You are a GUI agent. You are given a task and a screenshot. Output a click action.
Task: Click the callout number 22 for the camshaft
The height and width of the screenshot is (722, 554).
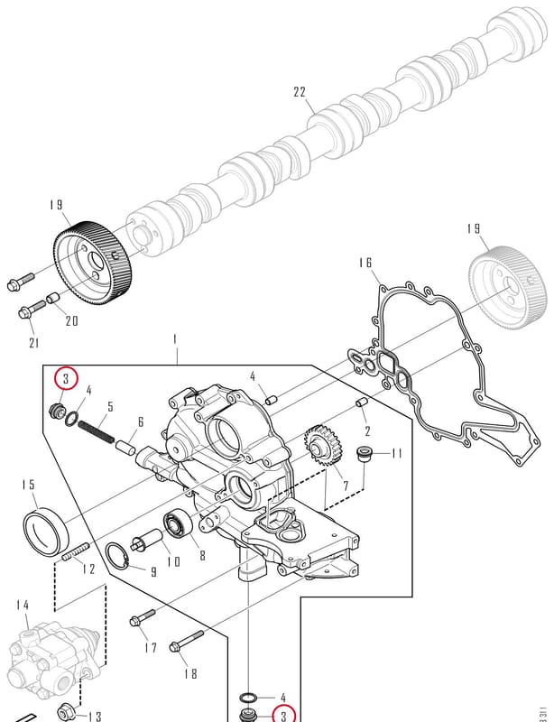coord(300,92)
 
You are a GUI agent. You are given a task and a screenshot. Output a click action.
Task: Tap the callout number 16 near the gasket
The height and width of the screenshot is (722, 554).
coord(365,263)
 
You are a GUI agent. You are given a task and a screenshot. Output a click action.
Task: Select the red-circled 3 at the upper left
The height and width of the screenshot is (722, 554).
coord(66,379)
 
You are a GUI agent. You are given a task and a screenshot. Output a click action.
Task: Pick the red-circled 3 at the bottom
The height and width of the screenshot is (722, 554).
coord(283,716)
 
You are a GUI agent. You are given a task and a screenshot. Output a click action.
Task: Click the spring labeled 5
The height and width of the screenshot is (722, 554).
coord(96,431)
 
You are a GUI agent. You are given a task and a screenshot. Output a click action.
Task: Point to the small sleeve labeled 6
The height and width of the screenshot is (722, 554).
coord(125,447)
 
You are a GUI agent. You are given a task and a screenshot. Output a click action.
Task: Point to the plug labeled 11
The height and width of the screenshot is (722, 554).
coord(365,453)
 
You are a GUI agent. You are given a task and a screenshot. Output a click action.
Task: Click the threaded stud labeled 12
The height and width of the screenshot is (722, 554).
coord(75,551)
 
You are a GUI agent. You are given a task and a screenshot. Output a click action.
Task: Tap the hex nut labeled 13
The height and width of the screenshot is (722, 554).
coord(67,712)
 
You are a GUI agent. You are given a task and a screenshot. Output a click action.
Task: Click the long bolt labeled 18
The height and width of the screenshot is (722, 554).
coord(187,641)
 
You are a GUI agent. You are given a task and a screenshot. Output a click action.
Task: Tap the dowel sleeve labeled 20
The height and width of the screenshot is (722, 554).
coord(54,299)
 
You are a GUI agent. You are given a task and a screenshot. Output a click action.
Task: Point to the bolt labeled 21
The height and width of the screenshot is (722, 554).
coord(32,309)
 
